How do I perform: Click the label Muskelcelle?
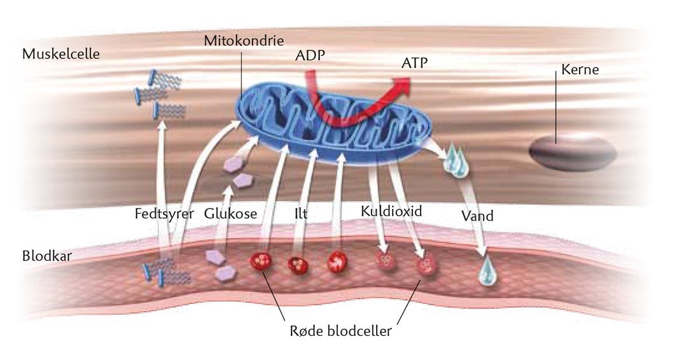coord(61,53)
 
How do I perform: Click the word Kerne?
coord(580,69)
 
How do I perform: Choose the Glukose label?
coord(230,214)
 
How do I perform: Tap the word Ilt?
coord(301,214)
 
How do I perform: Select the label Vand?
coord(477,216)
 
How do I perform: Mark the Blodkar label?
coord(46,256)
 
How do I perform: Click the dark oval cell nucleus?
coord(573,151)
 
